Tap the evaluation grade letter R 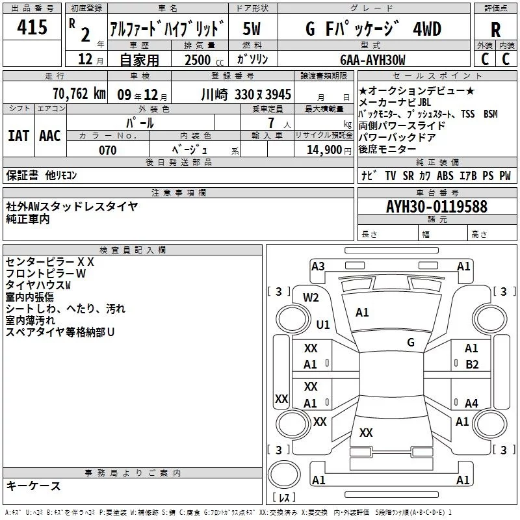pos(495,29)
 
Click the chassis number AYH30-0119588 pos(436,207)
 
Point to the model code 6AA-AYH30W pos(372,60)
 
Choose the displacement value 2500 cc pos(203,60)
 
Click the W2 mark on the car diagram pos(311,298)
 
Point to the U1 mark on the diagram pos(323,324)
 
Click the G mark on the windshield pos(410,342)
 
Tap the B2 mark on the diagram pos(472,365)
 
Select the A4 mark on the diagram pos(471,404)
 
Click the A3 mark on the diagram pos(318,266)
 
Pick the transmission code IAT pos(18,136)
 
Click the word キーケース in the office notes pos(33,486)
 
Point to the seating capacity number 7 pos(270,123)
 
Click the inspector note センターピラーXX pos(50,262)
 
